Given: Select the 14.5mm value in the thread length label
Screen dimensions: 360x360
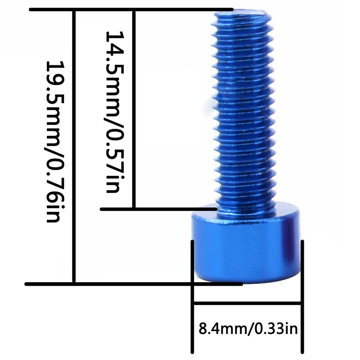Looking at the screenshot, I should [x=112, y=72].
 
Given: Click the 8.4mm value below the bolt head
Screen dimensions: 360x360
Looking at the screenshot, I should [x=221, y=329].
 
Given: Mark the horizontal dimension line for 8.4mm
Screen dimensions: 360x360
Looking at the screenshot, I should [x=247, y=304].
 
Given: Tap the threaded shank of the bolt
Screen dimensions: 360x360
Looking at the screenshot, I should [x=243, y=112].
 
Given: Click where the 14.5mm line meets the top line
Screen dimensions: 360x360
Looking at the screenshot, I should [x=134, y=9].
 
